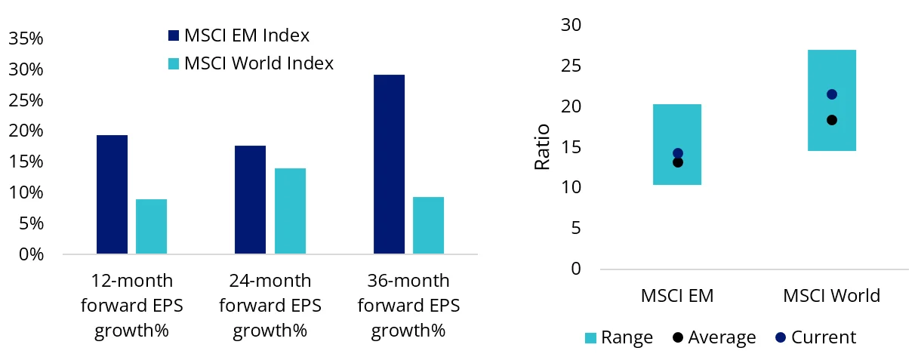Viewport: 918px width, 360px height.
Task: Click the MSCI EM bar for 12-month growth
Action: pyautogui.click(x=112, y=194)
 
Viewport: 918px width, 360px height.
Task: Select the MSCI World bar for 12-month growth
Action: pyautogui.click(x=151, y=226)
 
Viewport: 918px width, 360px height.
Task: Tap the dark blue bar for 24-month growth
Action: pyautogui.click(x=250, y=199)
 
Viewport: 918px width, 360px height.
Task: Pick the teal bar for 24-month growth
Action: pyautogui.click(x=290, y=211)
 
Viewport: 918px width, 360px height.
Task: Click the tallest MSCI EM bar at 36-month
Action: pyautogui.click(x=389, y=164)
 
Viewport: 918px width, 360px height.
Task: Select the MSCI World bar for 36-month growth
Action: pyautogui.click(x=428, y=225)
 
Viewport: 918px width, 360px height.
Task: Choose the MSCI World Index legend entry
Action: pyautogui.click(x=249, y=63)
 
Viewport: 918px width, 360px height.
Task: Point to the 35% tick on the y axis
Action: pyautogui.click(x=26, y=38)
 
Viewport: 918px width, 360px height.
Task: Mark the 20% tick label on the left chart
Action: pyautogui.click(x=26, y=131)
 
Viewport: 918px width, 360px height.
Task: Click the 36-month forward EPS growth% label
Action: pyautogui.click(x=408, y=306)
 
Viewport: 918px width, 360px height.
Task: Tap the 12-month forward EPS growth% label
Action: pyautogui.click(x=132, y=306)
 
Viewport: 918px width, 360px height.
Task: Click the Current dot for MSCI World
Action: pyautogui.click(x=831, y=94)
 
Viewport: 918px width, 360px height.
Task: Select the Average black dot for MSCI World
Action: pyautogui.click(x=831, y=120)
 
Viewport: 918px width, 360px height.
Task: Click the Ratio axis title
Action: pyautogui.click(x=542, y=146)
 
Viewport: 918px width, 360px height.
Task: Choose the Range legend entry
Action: pyautogui.click(x=618, y=337)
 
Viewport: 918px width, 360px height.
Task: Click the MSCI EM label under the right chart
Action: pyautogui.click(x=677, y=295)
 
